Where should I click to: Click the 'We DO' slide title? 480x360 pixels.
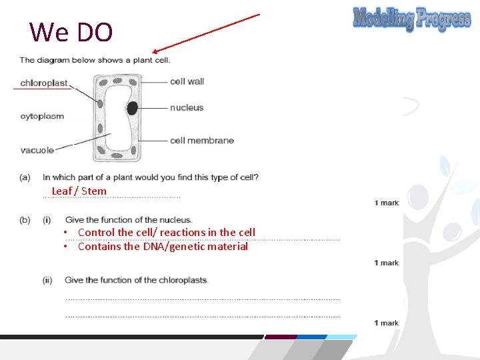click(71, 31)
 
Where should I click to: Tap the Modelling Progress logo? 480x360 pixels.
click(411, 19)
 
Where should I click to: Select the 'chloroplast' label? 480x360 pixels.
click(44, 83)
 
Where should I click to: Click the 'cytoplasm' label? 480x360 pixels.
click(42, 116)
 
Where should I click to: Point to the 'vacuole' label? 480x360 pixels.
click(37, 150)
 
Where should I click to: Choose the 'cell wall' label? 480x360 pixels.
click(187, 81)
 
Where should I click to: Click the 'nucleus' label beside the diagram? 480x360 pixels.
click(187, 107)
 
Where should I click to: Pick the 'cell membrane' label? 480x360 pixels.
click(202, 140)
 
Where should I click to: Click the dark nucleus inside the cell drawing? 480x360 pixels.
click(133, 108)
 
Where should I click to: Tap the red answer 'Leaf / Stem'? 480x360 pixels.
click(79, 191)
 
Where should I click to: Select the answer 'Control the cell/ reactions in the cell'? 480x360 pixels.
click(166, 232)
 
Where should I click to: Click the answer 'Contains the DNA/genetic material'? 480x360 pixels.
click(163, 247)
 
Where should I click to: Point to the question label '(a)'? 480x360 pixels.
click(25, 177)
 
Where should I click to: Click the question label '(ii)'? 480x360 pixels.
click(47, 280)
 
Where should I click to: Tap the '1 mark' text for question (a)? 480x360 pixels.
click(387, 203)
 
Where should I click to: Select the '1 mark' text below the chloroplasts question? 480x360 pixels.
click(387, 323)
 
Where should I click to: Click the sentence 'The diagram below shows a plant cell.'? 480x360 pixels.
click(95, 60)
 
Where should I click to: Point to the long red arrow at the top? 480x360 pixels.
click(205, 33)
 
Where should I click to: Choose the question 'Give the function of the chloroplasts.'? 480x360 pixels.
click(137, 280)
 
